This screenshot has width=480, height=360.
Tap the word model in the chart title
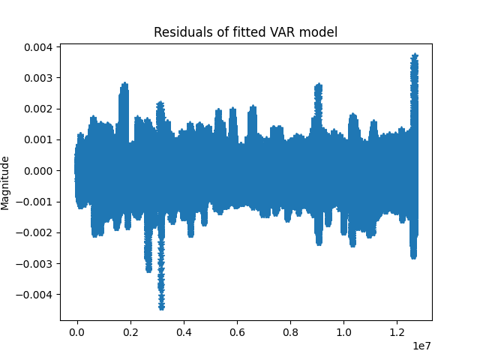[311, 32]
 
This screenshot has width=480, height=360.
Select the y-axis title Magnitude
[6, 183]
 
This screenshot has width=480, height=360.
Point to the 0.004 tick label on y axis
[37, 47]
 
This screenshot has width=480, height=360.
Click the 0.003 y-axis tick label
[37, 78]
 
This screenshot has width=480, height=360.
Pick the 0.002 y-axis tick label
[37, 109]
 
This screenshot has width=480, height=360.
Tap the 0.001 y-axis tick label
[37, 139]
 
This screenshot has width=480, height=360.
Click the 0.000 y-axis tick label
[37, 170]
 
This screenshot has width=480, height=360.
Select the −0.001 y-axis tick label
[34, 202]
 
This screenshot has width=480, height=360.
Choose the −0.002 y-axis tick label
[34, 232]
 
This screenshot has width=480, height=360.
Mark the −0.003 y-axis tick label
[34, 263]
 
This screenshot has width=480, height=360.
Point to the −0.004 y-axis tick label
[34, 294]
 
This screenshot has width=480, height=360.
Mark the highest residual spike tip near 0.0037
[414, 55]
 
